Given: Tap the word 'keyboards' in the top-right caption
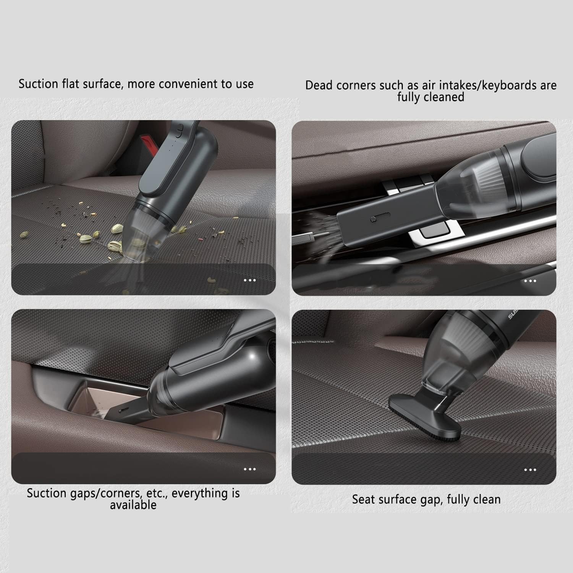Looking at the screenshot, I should coord(508,85).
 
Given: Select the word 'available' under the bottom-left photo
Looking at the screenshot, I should coord(133,505).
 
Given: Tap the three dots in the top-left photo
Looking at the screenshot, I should coord(249,280).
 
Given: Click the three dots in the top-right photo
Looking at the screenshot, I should coord(530,281).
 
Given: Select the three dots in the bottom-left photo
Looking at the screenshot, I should coord(249,469).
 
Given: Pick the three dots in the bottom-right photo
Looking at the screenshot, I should coord(530,470).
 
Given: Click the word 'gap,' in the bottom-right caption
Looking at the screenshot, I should coord(431,500).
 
